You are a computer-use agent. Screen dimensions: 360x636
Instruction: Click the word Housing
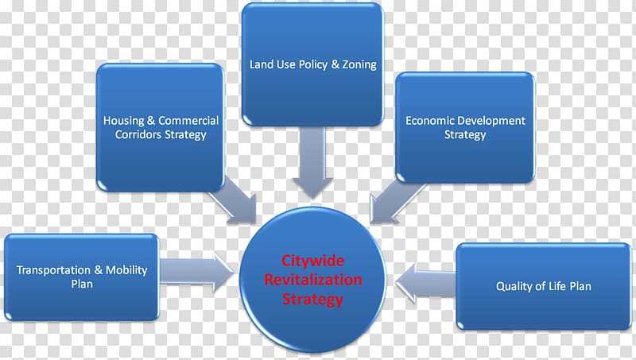124,121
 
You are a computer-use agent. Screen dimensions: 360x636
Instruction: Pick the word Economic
429,121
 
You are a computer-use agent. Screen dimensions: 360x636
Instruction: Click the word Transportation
52,269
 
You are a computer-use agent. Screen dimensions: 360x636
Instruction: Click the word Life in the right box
558,286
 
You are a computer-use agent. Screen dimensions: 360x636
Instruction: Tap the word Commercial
188,121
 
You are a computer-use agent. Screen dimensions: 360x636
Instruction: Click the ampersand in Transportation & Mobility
99,269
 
